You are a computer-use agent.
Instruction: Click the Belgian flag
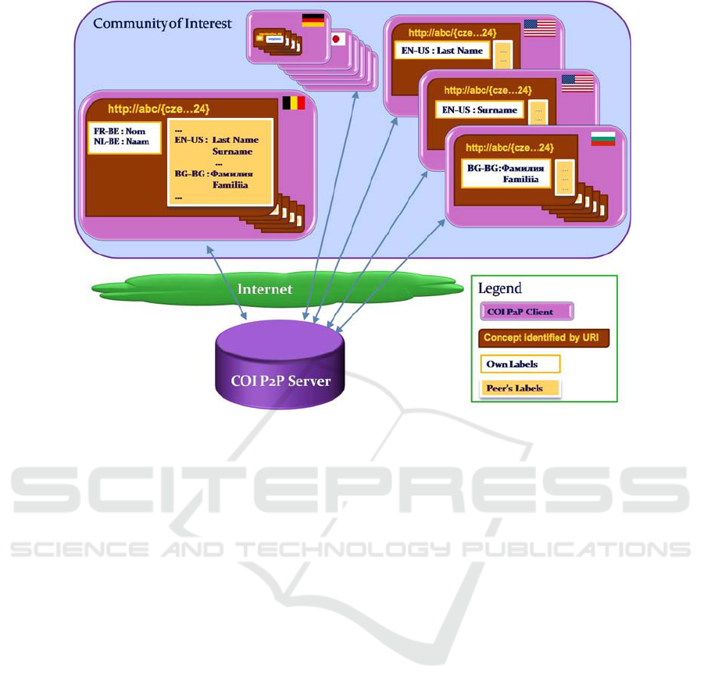pyautogui.click(x=293, y=103)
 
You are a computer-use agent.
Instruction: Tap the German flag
pyautogui.click(x=313, y=20)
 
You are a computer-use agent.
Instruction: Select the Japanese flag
pyautogui.click(x=337, y=39)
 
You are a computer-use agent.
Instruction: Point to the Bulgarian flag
pyautogui.click(x=603, y=138)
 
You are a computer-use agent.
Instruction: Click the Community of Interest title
pyautogui.click(x=163, y=23)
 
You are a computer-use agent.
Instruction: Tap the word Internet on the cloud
pyautogui.click(x=265, y=289)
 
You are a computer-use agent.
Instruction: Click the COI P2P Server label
pyautogui.click(x=280, y=381)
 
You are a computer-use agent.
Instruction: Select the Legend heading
pyautogui.click(x=500, y=289)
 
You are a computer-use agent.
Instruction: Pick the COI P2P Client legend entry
pyautogui.click(x=526, y=312)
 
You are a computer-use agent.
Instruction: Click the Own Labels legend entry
pyautogui.click(x=520, y=364)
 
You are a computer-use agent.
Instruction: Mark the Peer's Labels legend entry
pyautogui.click(x=520, y=388)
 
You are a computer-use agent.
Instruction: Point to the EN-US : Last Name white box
pyautogui.click(x=442, y=52)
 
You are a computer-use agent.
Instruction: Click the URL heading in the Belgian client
pyautogui.click(x=159, y=109)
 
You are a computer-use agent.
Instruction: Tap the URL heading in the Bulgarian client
pyautogui.click(x=509, y=147)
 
